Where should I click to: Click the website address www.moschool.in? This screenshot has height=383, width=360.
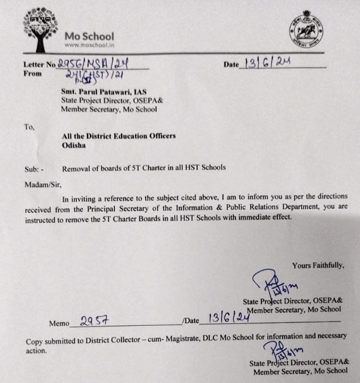click(x=89, y=45)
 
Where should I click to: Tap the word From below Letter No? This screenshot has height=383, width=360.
click(x=32, y=74)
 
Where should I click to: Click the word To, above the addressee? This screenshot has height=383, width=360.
click(x=29, y=127)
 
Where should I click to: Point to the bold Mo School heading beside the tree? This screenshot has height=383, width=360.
click(x=89, y=36)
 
